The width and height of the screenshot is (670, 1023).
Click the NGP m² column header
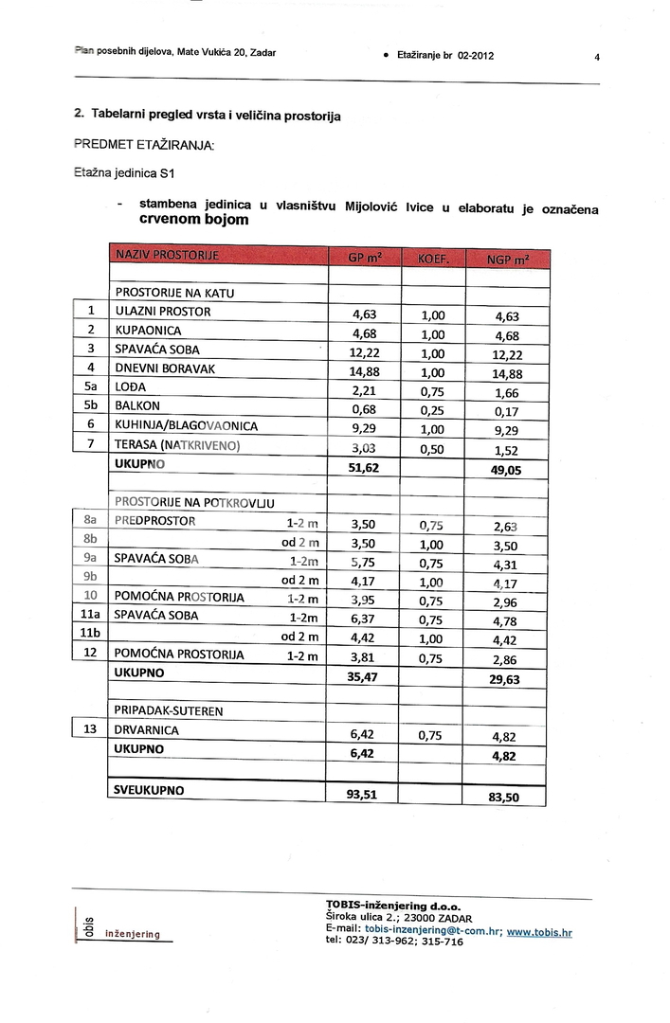[507, 259]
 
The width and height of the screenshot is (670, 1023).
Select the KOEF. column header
[431, 259]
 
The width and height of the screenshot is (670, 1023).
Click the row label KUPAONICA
[148, 332]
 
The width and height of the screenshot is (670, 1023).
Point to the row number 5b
[91, 407]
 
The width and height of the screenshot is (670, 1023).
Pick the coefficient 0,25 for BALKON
[431, 409]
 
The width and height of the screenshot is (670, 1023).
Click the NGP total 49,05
[507, 469]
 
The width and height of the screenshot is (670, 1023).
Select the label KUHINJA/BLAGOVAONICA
[186, 426]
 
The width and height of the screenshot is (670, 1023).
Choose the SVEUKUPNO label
[149, 789]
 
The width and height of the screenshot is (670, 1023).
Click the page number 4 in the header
[597, 56]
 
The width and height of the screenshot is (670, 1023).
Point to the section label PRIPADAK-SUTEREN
[168, 709]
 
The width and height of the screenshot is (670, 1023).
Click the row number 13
[91, 729]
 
